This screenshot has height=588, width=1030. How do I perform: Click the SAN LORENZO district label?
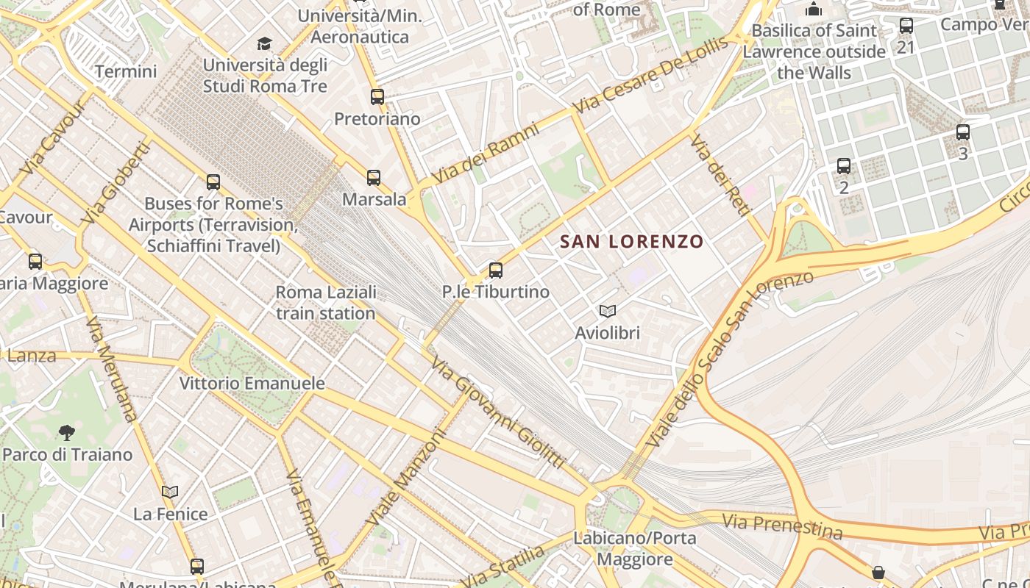pos(632,241)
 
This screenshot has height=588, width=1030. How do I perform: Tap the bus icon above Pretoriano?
pos(377,97)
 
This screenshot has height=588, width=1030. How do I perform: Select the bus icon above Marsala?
pos(374,178)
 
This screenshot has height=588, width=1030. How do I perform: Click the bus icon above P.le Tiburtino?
pos(496,270)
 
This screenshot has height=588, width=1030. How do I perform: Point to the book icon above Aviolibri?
pos(607,311)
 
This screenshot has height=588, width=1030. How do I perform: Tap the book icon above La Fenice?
pos(170,492)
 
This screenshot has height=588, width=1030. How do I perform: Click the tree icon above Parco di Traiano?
pos(67,432)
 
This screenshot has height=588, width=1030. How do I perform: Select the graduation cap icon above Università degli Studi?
pos(264,44)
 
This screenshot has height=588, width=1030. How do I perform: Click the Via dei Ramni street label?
pos(486,154)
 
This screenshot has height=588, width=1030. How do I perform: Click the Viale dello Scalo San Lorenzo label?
pos(728,360)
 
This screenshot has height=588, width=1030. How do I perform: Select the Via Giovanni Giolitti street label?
pos(498,412)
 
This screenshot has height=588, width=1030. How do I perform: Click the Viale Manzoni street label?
pos(407,477)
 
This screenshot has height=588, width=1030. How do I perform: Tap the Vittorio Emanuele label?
pos(252,383)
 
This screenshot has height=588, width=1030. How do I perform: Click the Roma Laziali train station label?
pos(326,303)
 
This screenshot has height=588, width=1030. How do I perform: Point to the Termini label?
pos(126,71)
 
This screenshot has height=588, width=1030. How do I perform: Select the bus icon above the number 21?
pos(906,26)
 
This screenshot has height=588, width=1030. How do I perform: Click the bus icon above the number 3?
pos(963,133)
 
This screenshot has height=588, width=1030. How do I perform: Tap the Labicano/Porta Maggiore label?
pos(634,548)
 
